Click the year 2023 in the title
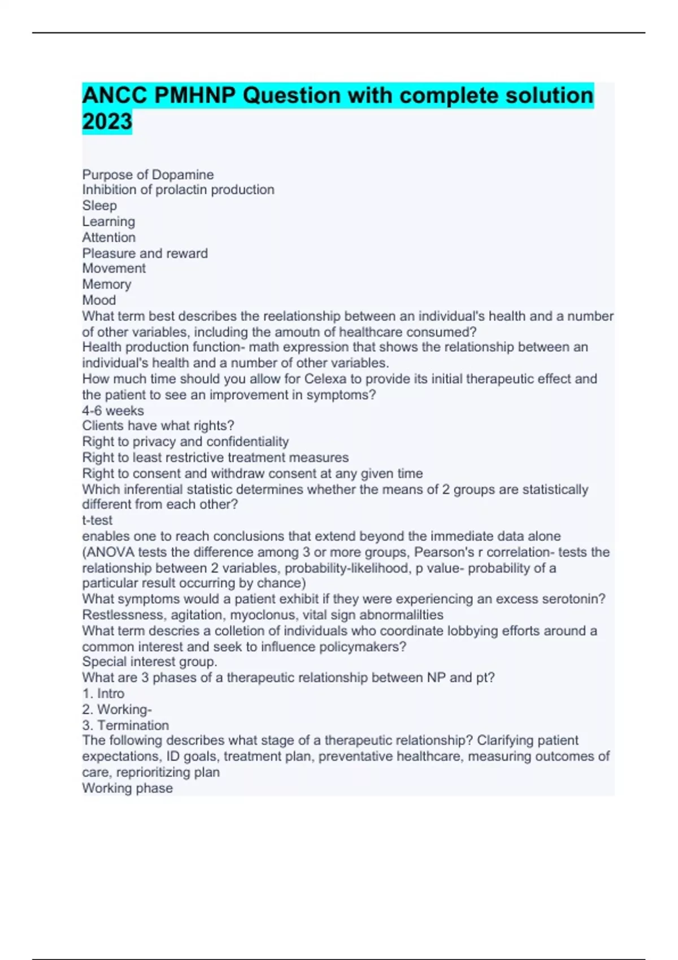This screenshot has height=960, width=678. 107,121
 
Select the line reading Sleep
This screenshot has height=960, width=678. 99,206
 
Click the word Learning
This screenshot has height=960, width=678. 108,221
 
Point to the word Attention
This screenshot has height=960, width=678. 108,237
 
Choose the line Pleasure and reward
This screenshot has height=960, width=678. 145,253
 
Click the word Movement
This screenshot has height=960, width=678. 114,268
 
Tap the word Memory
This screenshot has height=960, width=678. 106,284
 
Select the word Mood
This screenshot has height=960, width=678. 99,300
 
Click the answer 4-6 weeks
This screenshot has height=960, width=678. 113,411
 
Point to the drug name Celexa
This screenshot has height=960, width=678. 323,379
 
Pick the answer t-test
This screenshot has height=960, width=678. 97,520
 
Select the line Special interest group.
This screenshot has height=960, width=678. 150,662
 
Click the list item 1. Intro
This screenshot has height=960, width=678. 103,693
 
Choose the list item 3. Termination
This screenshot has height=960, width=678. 125,725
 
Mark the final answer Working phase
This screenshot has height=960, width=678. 127,788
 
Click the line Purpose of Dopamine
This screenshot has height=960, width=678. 148,174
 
